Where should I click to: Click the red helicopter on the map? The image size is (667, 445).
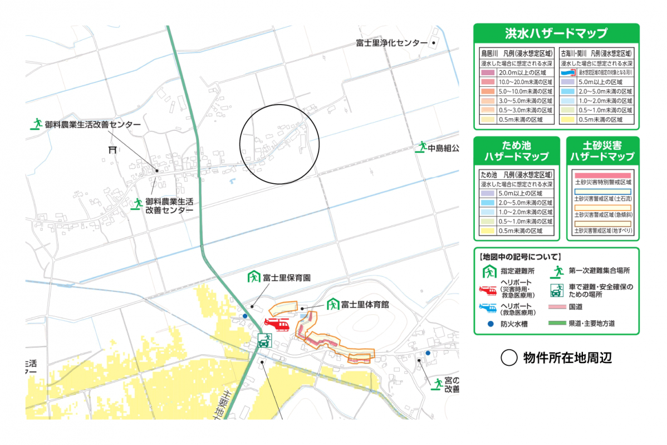tap(277, 324)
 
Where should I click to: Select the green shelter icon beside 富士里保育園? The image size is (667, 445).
tap(254, 276)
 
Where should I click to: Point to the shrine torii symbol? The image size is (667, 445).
tap(114, 149)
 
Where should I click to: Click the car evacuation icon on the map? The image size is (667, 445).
tap(264, 340)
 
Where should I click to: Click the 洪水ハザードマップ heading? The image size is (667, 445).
tap(556, 33)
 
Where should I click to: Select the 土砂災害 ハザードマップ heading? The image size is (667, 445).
tap(602, 151)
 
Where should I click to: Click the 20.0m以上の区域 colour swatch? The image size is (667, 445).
tap(489, 73)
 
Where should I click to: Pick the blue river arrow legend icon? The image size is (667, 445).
tap(567, 73)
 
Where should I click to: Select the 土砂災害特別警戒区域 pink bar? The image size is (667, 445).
tap(602, 175)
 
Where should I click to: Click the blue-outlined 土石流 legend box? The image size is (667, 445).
tap(602, 191)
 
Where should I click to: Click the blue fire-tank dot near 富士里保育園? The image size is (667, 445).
tap(245, 316)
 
